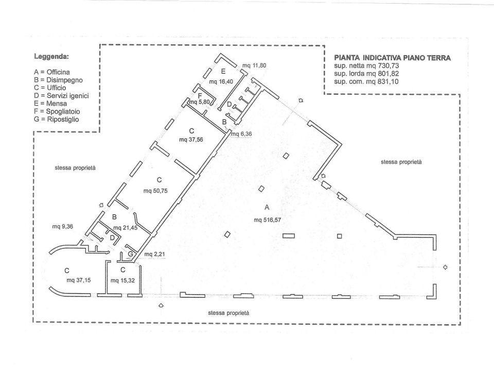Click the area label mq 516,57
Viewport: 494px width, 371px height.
tap(267, 220)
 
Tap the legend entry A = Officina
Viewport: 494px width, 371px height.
tap(52, 72)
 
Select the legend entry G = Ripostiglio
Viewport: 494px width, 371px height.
tap(57, 120)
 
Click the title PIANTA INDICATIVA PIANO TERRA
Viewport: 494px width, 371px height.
tap(392, 58)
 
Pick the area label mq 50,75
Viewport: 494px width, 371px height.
tap(155, 191)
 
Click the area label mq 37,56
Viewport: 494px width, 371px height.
tap(191, 140)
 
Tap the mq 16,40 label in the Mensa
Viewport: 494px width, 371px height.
tap(221, 82)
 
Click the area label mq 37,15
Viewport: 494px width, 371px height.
tap(78, 280)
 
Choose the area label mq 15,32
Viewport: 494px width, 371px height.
tap(122, 280)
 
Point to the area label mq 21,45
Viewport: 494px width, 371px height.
tap(126, 228)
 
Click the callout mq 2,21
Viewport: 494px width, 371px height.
tap(154, 254)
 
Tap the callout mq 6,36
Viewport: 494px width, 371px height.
tap(241, 134)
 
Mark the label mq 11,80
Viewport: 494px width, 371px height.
tap(254, 65)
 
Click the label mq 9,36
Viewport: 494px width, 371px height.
tap(62, 226)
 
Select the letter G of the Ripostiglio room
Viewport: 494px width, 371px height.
tap(130, 254)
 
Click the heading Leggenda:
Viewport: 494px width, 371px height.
tap(51, 57)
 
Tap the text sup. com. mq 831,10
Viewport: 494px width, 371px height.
tap(366, 82)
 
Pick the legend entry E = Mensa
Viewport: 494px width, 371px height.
tap(50, 104)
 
